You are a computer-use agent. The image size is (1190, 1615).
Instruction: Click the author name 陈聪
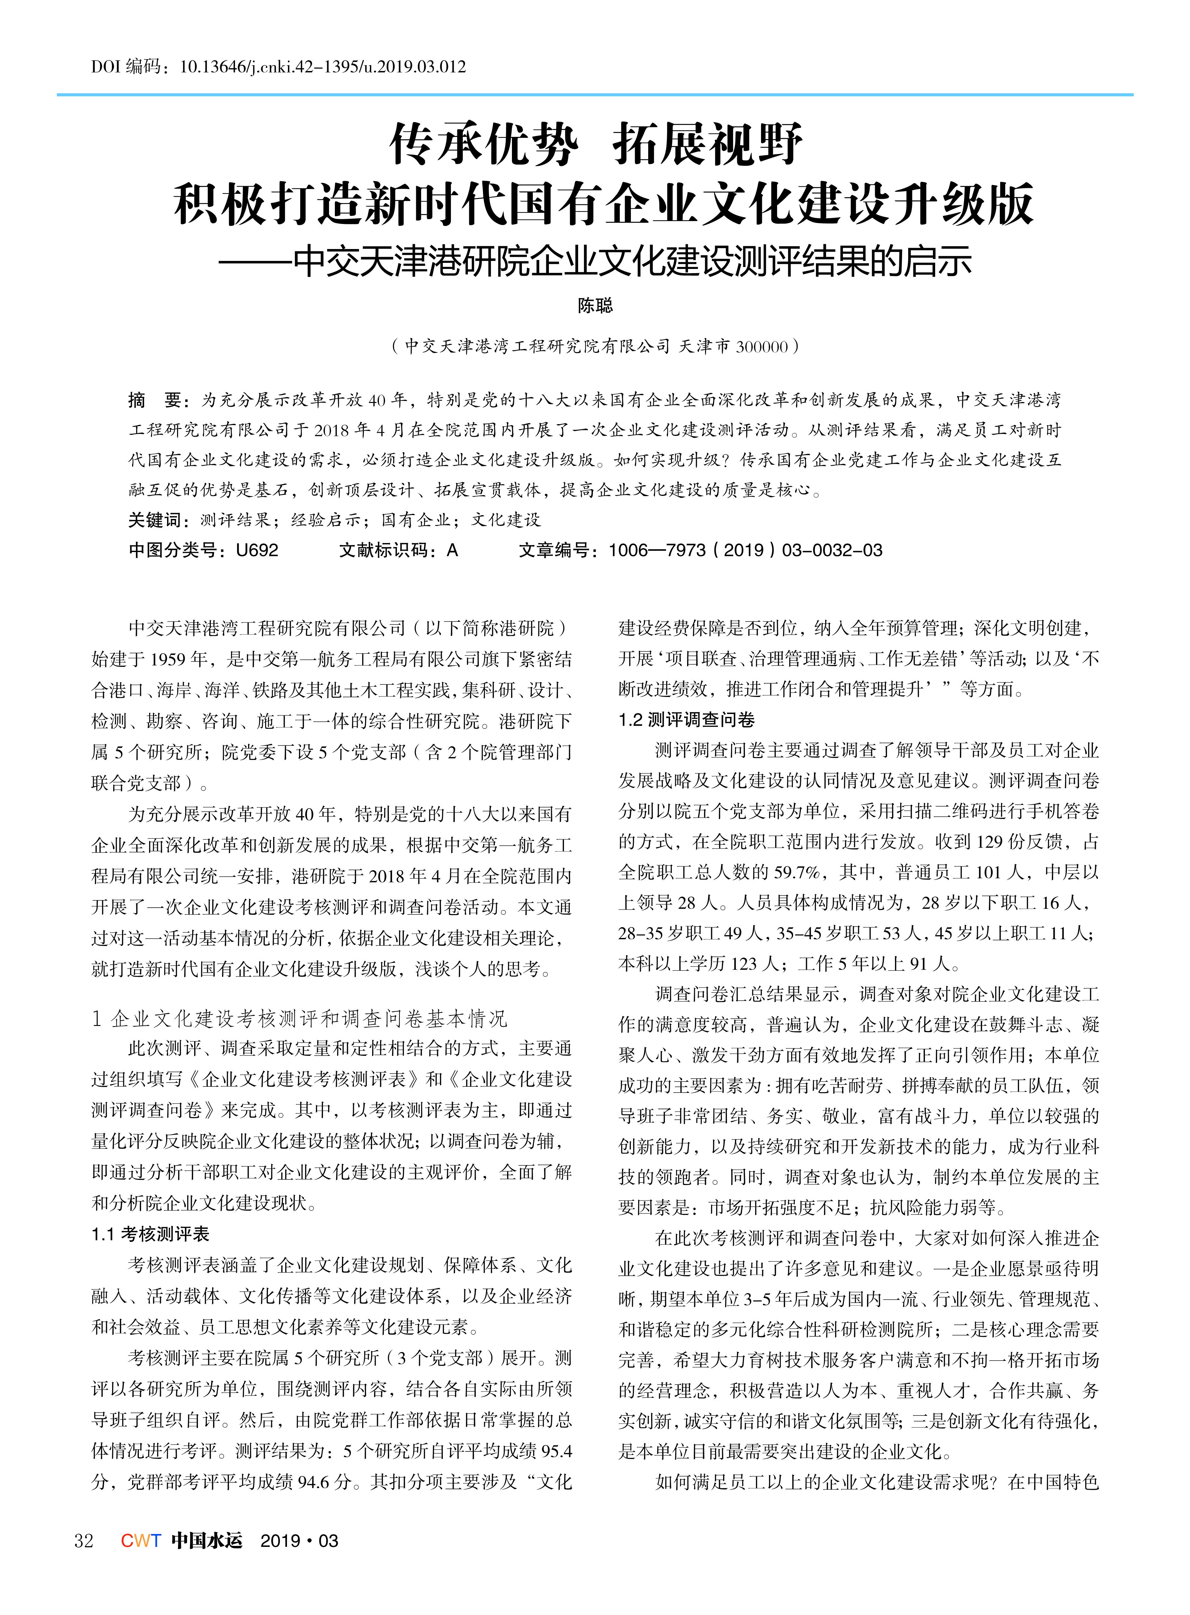pyautogui.click(x=595, y=306)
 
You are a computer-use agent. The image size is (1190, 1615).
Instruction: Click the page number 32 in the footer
pyautogui.click(x=84, y=1540)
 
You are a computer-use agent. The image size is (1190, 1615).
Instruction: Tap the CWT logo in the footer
pyautogui.click(x=140, y=1540)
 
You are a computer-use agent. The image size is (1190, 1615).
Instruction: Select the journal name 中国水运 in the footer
pyautogui.click(x=207, y=1540)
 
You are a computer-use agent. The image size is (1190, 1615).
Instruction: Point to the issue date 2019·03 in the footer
pyautogui.click(x=299, y=1540)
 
